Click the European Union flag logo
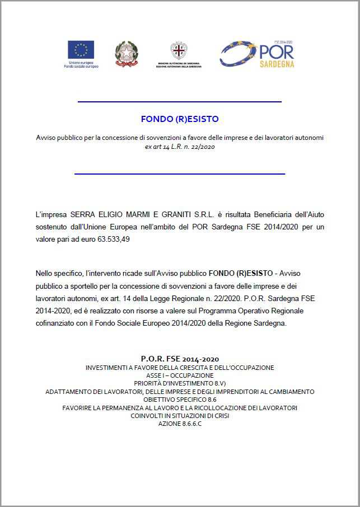coord(81,49)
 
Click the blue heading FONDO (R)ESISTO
coord(180,119)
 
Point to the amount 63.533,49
coord(119,240)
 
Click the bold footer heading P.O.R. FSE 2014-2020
coord(180,358)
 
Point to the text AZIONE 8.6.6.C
coord(180,424)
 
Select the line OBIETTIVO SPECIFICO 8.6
coord(180,400)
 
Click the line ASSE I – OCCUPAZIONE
coord(180,375)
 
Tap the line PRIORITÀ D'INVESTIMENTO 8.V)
coord(180,383)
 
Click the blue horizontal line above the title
coord(179,102)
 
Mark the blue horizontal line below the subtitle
coord(179,174)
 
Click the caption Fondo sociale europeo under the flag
coord(81,67)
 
